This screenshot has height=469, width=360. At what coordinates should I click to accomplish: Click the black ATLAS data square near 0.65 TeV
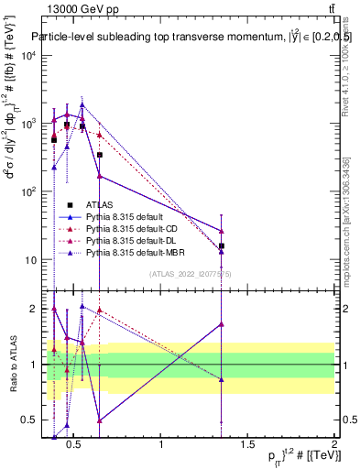click(99, 155)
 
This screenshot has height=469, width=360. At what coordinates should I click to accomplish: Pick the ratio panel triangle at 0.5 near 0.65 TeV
click(99, 420)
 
